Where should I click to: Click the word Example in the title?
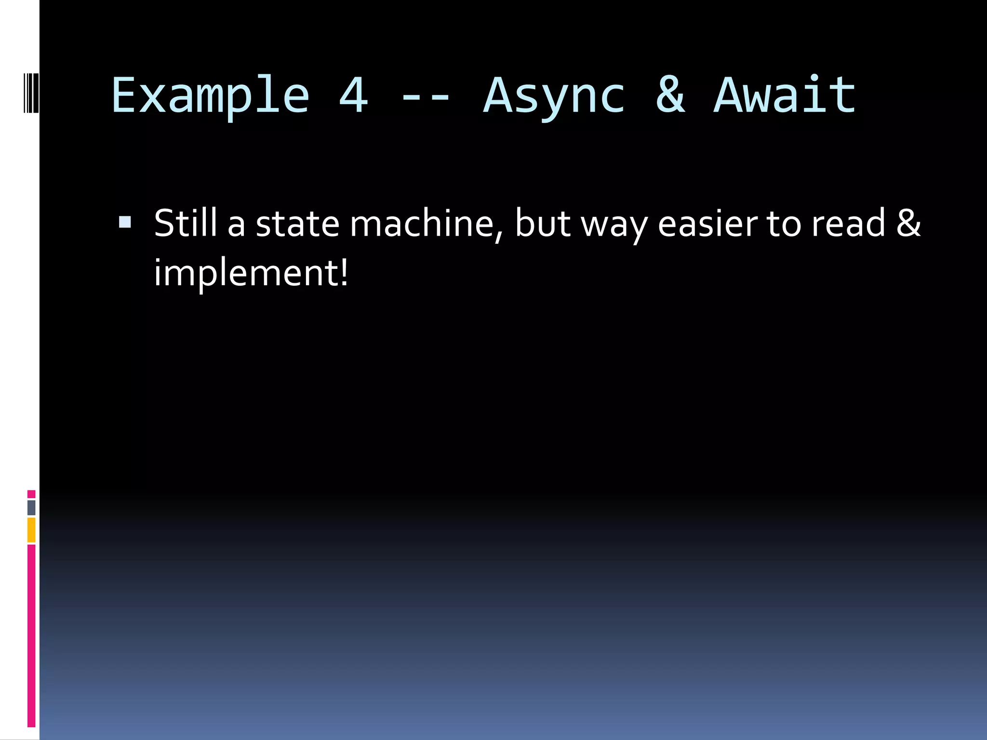[210, 96]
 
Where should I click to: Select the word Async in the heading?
[554, 96]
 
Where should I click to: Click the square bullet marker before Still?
[125, 222]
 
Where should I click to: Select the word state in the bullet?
[297, 224]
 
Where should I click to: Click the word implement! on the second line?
[251, 274]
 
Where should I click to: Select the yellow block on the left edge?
[31, 530]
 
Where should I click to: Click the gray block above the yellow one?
[31, 507]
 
